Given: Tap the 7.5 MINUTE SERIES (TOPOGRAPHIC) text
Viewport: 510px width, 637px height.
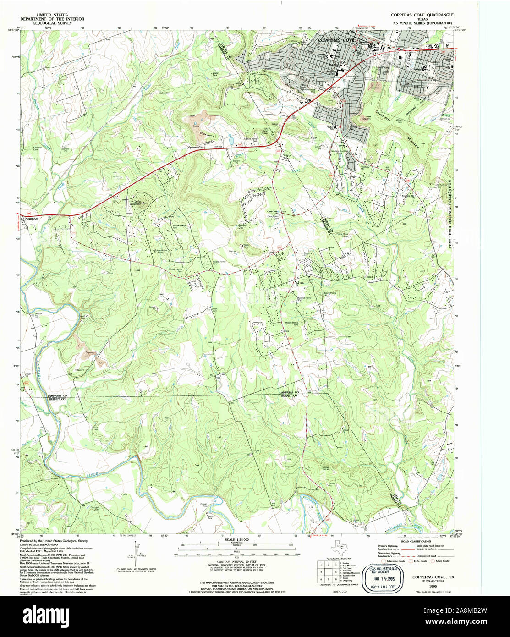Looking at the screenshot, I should [x=422, y=22].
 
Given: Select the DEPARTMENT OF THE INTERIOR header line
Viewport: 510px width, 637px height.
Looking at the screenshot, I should [x=52, y=19].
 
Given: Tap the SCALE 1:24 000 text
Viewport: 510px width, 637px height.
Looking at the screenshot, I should [x=236, y=540].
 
